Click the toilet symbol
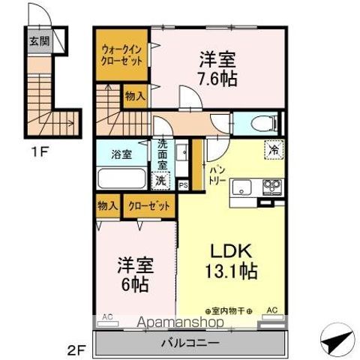pyautogui.click(x=260, y=124)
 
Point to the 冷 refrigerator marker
pyautogui.click(x=274, y=149)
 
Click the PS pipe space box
pyautogui.click(x=184, y=184)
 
